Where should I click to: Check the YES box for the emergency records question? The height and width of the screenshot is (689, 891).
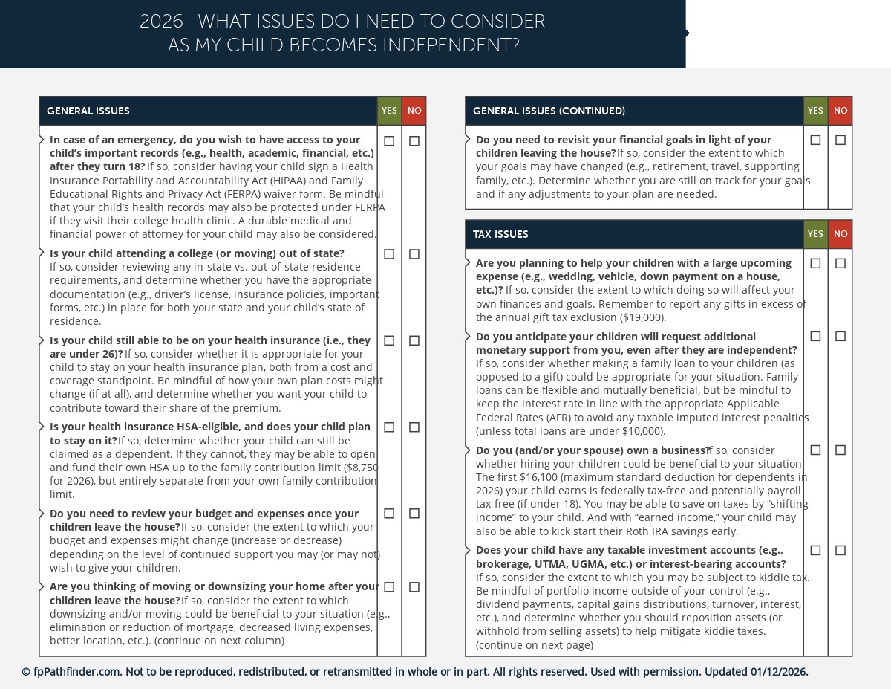pos(389,141)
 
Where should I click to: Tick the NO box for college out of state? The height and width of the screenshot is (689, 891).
pos(414,254)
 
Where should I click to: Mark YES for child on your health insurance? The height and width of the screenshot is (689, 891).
pos(389,340)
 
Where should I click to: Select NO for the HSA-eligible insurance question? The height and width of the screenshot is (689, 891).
pos(414,427)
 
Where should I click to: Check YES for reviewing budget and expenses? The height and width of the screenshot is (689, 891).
pos(389,514)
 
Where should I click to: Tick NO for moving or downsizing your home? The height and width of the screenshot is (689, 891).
pos(414,587)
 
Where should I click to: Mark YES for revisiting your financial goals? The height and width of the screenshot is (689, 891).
pos(815,140)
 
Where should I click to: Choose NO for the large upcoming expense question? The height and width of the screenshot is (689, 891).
pos(841,263)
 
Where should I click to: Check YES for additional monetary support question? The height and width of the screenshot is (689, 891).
pos(815,337)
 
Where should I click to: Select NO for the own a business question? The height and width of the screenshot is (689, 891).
pos(841,450)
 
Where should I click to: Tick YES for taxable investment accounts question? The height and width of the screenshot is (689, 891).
pos(815,551)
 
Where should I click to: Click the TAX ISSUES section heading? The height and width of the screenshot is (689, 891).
pos(500,234)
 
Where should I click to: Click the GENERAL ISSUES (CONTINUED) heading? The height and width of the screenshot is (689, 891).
pos(549,111)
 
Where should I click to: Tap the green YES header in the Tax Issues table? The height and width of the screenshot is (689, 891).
pos(815,234)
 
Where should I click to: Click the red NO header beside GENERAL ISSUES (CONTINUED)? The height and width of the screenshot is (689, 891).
pos(841,111)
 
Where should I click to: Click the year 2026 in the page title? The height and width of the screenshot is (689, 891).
pos(161,22)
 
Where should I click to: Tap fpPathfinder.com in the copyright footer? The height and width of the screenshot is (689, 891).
pos(77,672)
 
